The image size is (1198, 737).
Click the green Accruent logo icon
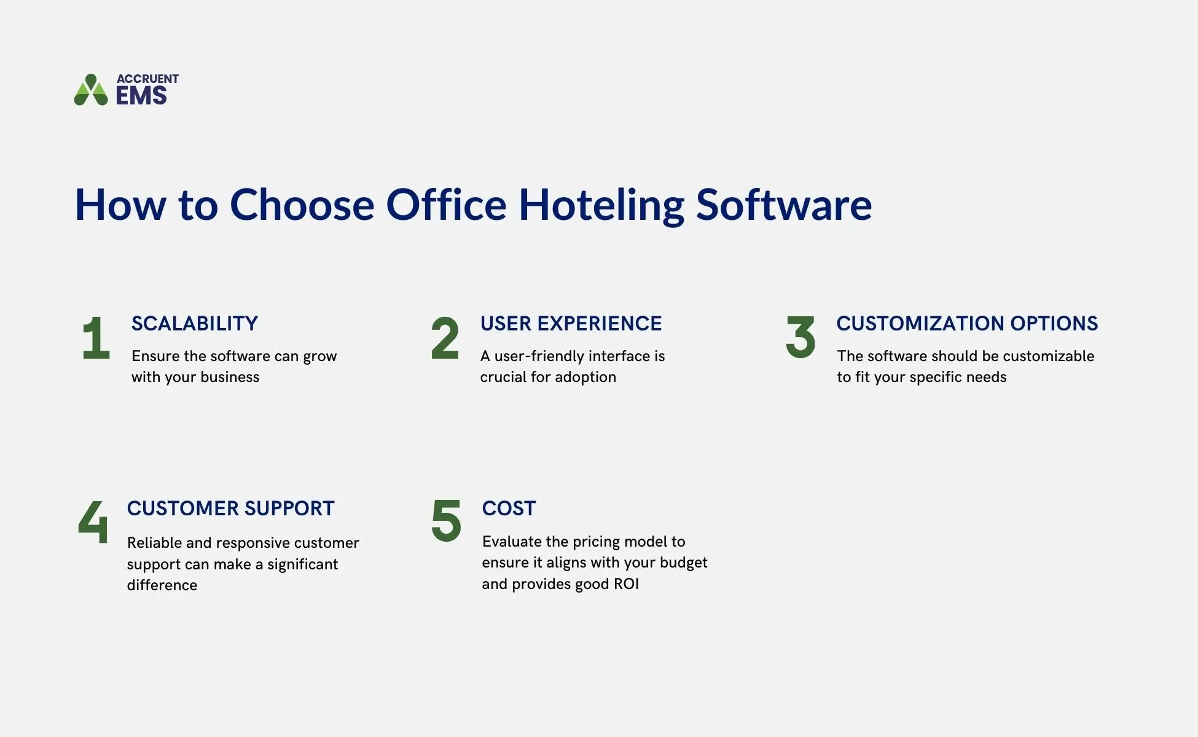coord(91,90)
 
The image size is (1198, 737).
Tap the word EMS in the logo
coord(141,96)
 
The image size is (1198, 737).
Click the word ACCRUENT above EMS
coord(147,79)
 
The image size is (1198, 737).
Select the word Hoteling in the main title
coord(601,205)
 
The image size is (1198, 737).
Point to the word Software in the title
coord(783,205)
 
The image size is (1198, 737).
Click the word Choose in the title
coord(302,205)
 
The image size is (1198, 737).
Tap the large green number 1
coord(96,338)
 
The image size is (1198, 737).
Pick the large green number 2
coord(445,338)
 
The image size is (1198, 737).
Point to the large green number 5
coord(446,521)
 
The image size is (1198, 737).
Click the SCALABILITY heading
coord(195,324)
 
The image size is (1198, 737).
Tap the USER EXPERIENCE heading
coord(571,324)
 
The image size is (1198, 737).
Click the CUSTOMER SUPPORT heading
coord(230,509)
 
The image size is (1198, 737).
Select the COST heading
coord(509,509)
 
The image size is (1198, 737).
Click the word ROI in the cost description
coord(626,584)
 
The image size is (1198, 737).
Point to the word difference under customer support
coord(162,585)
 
